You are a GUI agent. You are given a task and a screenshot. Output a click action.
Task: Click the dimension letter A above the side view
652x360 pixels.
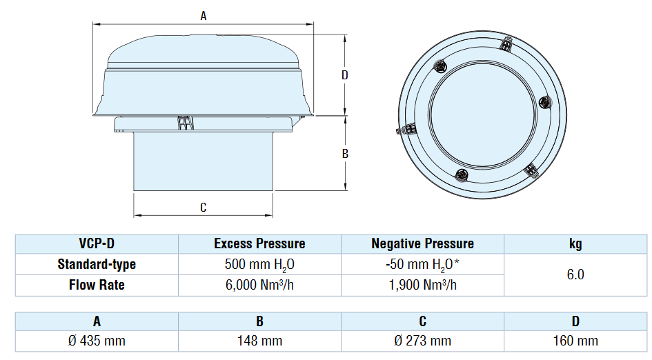coord(204,17)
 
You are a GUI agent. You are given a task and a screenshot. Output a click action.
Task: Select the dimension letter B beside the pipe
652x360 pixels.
coord(345,154)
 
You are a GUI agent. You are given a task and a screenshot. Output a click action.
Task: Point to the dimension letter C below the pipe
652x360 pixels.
coord(203,207)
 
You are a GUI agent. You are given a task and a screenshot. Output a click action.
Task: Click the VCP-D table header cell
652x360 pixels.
coord(97,243)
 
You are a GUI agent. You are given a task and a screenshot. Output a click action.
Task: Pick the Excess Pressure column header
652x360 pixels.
coord(259,243)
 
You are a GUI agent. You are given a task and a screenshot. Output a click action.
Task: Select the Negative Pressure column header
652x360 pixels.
coord(422,243)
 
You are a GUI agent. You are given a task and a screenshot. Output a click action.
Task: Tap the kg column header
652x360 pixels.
coord(575,243)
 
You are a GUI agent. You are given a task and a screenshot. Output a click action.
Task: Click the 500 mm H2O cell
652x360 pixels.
coord(259,264)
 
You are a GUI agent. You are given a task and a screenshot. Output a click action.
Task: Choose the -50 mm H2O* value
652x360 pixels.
coord(422,264)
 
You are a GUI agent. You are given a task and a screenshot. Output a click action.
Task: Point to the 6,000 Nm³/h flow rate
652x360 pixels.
coord(259,285)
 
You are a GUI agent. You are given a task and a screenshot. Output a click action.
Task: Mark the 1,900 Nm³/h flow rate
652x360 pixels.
coord(422,285)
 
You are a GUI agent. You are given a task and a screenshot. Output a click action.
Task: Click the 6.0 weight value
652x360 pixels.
coord(575,274)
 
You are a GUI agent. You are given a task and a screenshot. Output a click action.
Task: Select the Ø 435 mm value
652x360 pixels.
coord(97,341)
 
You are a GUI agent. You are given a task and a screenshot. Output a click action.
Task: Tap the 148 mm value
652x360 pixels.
coord(259,341)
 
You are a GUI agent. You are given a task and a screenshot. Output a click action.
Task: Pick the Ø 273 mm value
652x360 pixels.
coord(422,341)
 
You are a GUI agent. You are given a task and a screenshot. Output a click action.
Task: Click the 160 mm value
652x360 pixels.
coord(575,341)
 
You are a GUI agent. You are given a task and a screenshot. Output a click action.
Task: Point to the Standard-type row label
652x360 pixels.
coord(97,264)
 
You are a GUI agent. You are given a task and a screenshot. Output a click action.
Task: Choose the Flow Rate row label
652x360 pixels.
coord(97,285)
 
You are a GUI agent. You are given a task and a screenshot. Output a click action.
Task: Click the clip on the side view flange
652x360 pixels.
coord(184,122)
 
